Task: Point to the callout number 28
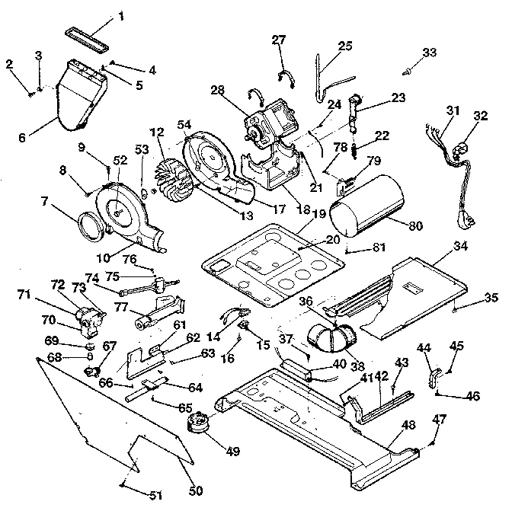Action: pos(217,91)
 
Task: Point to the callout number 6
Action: pos(21,138)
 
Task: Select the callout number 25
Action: pos(345,46)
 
